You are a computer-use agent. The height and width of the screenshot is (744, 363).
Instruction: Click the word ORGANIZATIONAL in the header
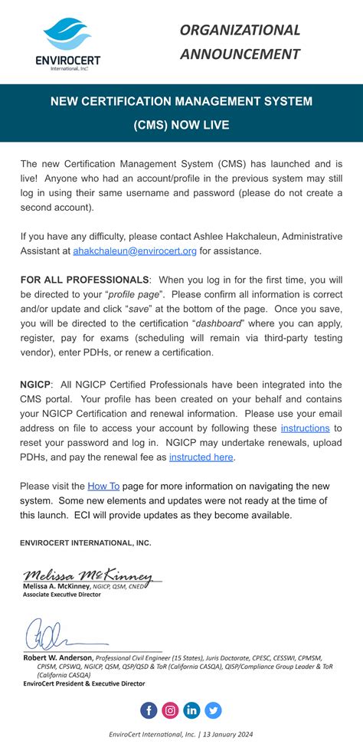pyautogui.click(x=240, y=30)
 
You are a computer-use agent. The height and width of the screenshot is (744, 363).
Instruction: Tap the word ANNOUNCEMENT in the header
pyautogui.click(x=240, y=54)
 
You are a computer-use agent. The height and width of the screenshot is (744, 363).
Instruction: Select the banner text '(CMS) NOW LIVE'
pyautogui.click(x=181, y=124)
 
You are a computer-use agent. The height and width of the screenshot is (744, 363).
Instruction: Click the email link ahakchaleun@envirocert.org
pyautogui.click(x=135, y=251)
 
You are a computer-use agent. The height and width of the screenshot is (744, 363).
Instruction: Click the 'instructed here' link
pyautogui.click(x=201, y=457)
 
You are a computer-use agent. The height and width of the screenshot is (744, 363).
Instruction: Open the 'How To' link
pyautogui.click(x=103, y=486)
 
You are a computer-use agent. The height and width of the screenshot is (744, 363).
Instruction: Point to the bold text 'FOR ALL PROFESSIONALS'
pyautogui.click(x=84, y=280)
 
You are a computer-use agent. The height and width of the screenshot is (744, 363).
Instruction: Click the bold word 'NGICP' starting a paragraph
pyautogui.click(x=36, y=383)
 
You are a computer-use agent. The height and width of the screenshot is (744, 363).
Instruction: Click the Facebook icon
pyautogui.click(x=149, y=710)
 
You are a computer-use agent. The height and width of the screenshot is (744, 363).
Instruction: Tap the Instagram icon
pyautogui.click(x=170, y=710)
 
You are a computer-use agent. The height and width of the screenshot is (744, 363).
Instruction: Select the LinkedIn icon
pyautogui.click(x=191, y=710)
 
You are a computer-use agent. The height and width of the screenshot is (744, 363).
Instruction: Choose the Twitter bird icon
pyautogui.click(x=214, y=710)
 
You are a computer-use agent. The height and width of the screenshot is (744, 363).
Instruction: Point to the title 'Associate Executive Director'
pyautogui.click(x=62, y=594)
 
